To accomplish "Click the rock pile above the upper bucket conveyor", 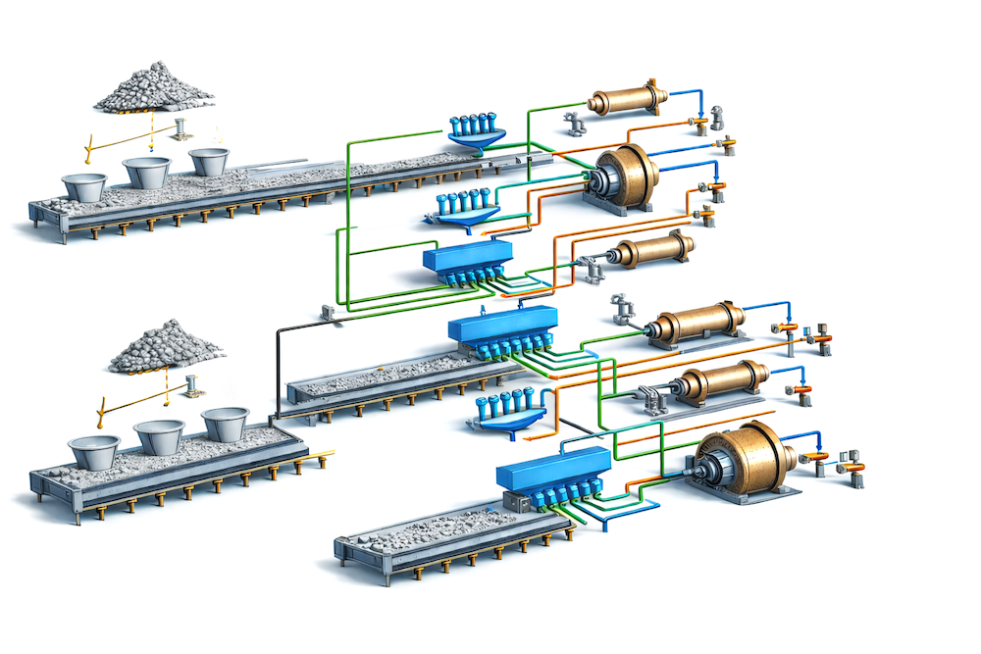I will (x=154, y=88).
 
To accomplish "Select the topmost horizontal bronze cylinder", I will (x=627, y=99).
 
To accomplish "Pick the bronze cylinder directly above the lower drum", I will (x=722, y=382).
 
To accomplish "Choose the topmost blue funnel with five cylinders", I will (x=477, y=132).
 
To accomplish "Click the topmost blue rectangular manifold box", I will (x=469, y=260).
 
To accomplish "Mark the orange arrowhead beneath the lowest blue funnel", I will (x=528, y=439).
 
